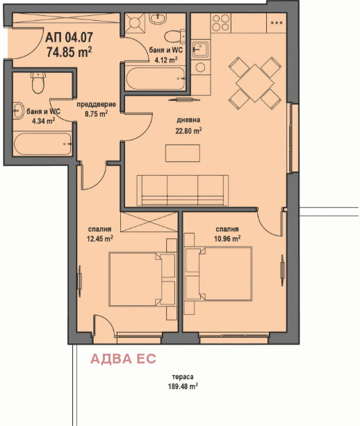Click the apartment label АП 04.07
69,38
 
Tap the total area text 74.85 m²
69,51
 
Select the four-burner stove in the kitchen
221,22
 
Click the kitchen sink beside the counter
200,49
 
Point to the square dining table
254,83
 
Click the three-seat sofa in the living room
182,190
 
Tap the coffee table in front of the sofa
183,153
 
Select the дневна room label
188,120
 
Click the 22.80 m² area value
188,131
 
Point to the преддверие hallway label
96,104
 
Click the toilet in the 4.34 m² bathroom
38,83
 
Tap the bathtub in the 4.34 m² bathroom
42,144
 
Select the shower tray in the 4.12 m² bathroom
135,23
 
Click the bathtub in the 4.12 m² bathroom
156,79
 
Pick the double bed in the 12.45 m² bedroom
142,279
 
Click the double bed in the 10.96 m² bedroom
218,274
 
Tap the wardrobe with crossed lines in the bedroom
149,222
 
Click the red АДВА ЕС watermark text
123,359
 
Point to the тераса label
183,377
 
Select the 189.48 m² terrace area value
183,386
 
